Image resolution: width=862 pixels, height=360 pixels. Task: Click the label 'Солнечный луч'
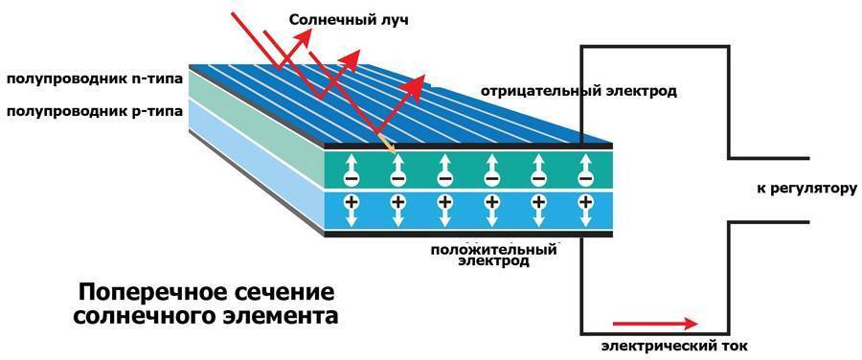coord(350,21)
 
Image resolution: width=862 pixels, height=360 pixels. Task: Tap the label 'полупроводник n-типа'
coord(94,79)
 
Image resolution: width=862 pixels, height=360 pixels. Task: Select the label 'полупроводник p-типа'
coord(94,112)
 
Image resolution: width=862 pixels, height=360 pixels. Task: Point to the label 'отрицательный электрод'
coord(578,91)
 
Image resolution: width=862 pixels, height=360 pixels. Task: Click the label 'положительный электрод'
coord(493,256)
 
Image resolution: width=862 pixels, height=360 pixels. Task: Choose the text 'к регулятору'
coord(806,189)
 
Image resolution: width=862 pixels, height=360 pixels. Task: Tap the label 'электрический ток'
coord(674,347)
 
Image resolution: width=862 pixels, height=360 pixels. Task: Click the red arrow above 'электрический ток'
coord(655,324)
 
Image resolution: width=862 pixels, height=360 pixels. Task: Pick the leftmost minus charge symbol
coord(351,178)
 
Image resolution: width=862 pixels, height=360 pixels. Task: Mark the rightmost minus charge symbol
coord(585,178)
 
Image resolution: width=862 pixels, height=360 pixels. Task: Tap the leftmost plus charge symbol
coord(351,202)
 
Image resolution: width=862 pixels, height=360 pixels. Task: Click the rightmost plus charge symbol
coord(585,202)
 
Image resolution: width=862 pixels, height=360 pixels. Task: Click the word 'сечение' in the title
coord(280,292)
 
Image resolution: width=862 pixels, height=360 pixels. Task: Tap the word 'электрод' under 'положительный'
coord(493,261)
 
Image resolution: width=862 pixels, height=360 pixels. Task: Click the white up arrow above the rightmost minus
coord(585,163)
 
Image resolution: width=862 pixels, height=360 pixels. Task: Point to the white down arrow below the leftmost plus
coord(351,217)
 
